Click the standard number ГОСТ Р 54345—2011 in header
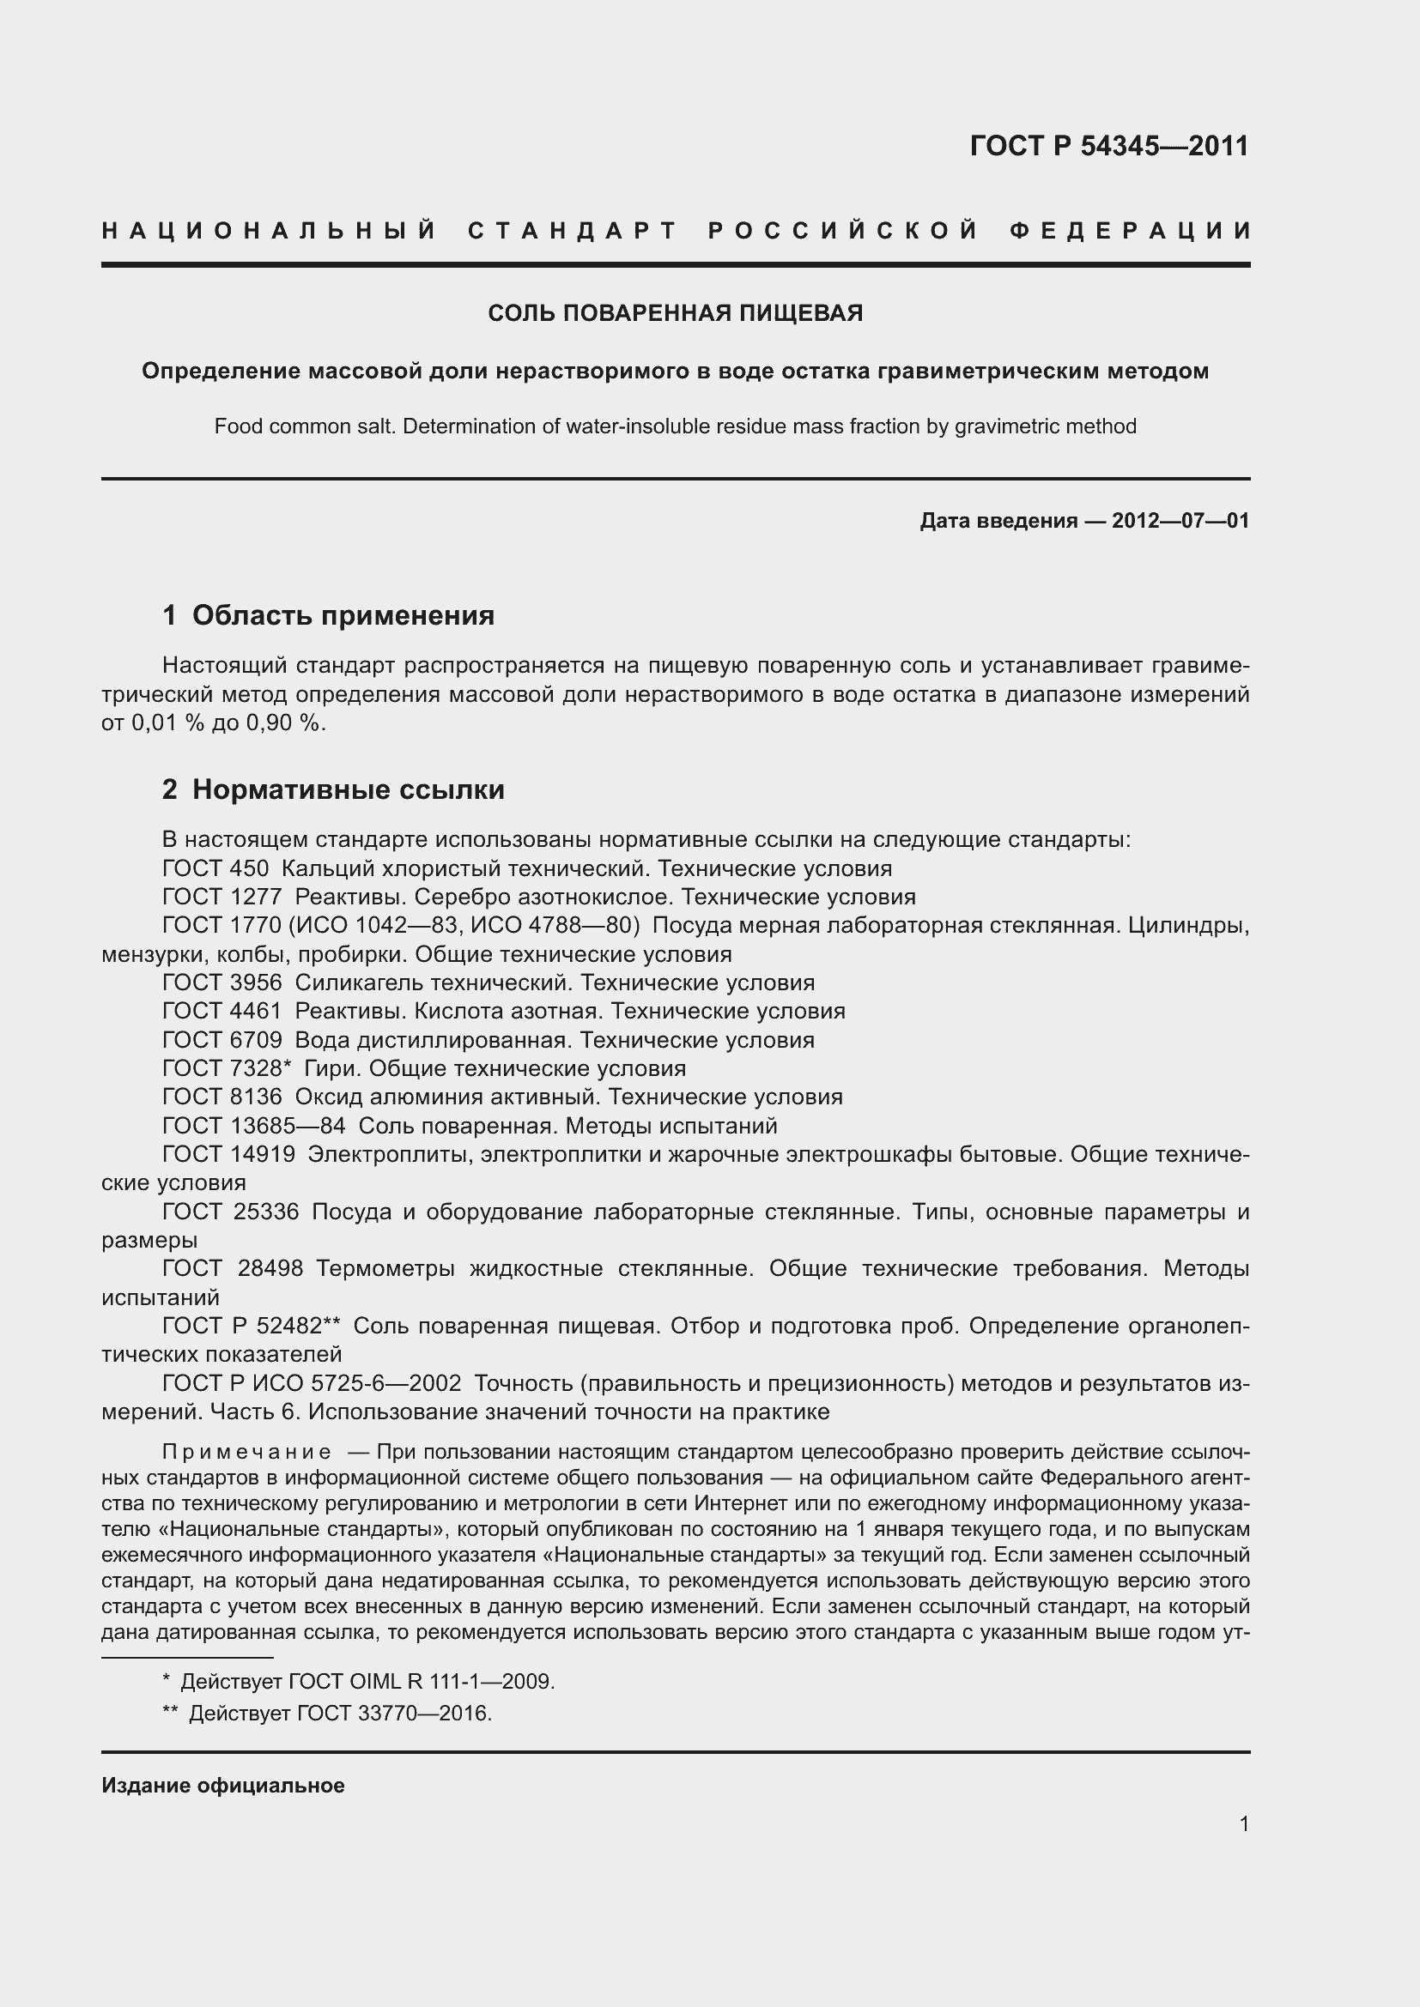(1108, 145)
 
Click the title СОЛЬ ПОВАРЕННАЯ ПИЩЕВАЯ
(675, 313)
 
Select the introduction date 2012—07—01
(1180, 521)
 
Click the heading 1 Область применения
(328, 615)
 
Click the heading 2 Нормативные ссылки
(333, 789)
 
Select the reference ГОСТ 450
(215, 868)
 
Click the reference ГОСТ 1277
(222, 897)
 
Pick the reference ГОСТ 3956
(222, 982)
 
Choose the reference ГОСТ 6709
(222, 1040)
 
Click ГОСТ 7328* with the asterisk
(227, 1068)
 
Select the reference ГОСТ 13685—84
(253, 1126)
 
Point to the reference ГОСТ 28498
(233, 1268)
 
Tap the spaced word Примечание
(246, 1452)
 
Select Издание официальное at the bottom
(223, 1785)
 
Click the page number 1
(1243, 1823)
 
